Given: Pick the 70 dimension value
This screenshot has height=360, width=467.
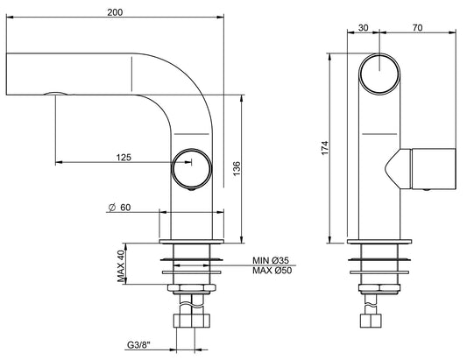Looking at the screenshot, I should [x=419, y=27].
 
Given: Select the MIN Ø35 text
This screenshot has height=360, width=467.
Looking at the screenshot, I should [x=272, y=259].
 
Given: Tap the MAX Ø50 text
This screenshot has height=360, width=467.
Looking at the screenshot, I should [x=272, y=271].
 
